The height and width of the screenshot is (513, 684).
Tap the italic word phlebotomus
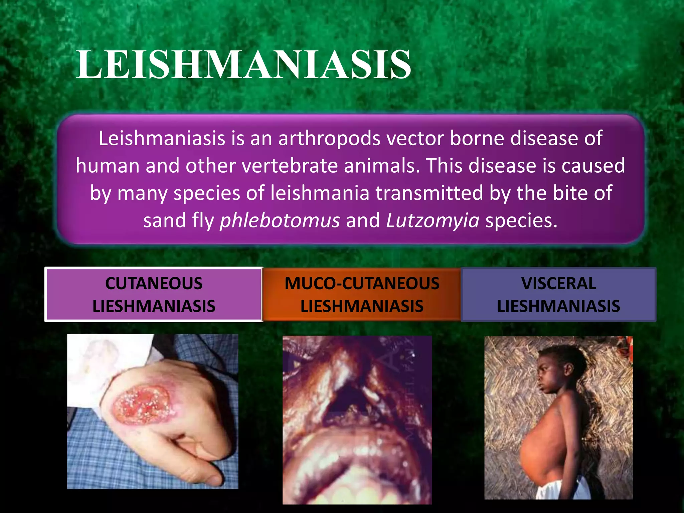pos(280,220)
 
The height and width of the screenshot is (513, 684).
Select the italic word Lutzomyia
pos(433,220)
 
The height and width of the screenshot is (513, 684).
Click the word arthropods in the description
pos(329,138)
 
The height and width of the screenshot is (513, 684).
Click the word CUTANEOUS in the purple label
pos(154,284)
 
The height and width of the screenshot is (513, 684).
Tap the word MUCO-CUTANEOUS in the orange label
pos(362,284)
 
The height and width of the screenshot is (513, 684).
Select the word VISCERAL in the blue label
pos(558,284)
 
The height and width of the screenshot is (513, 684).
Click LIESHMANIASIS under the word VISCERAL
pos(558,306)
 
